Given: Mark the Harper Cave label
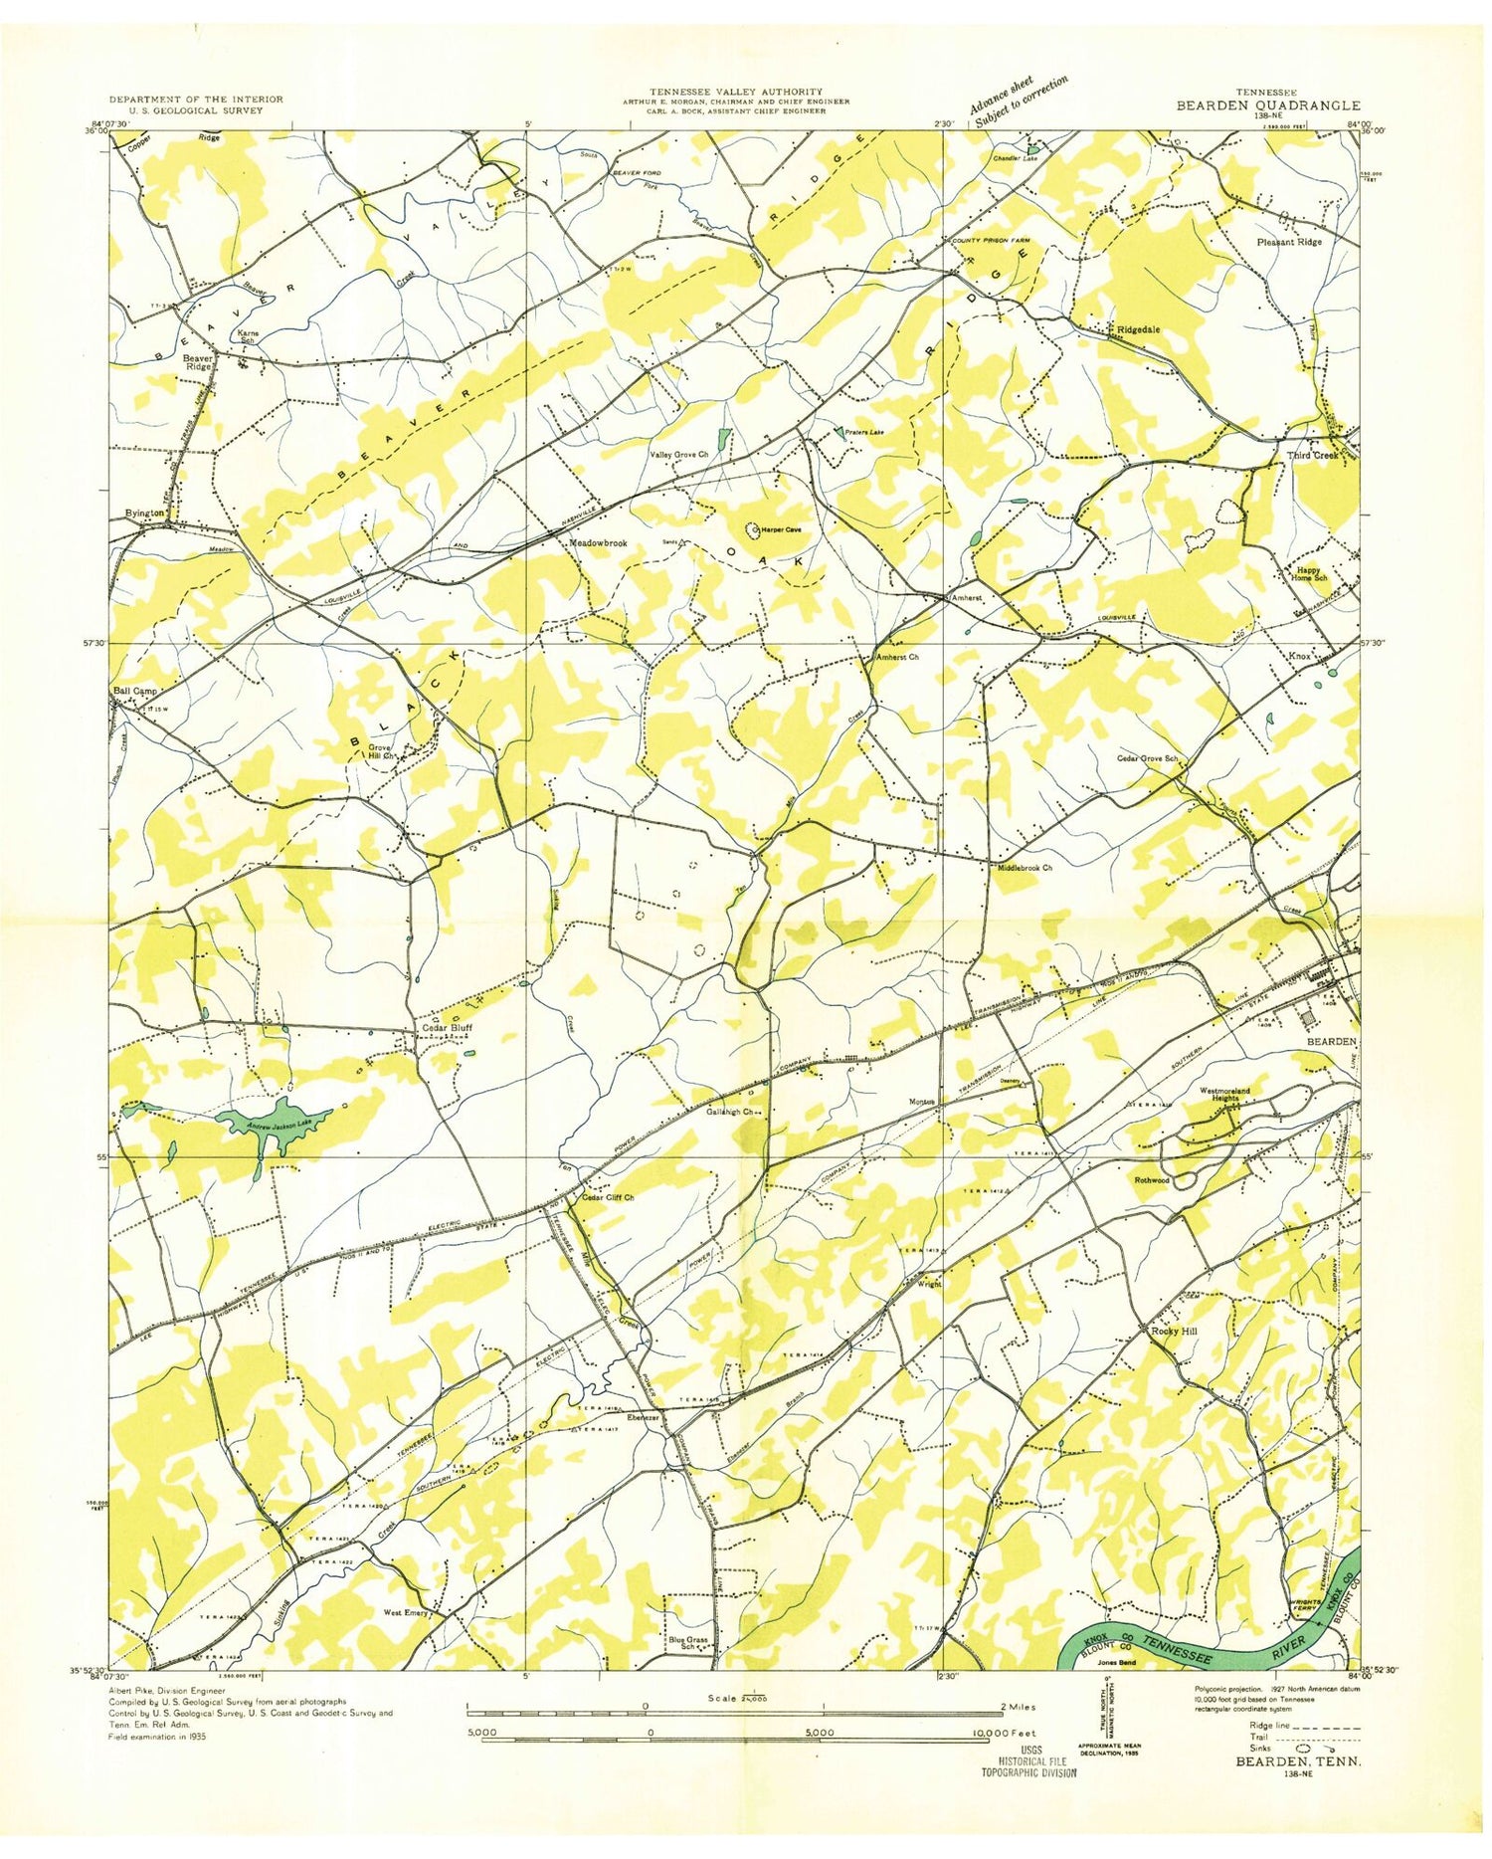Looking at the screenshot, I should coord(781,529).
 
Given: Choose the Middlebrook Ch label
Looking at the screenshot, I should coord(1025,868).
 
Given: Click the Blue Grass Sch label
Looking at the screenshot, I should coord(687,1642).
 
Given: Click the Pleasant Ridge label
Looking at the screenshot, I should coord(1289,242).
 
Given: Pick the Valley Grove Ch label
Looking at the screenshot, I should coord(678,455).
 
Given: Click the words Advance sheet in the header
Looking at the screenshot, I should coord(1001,94).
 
